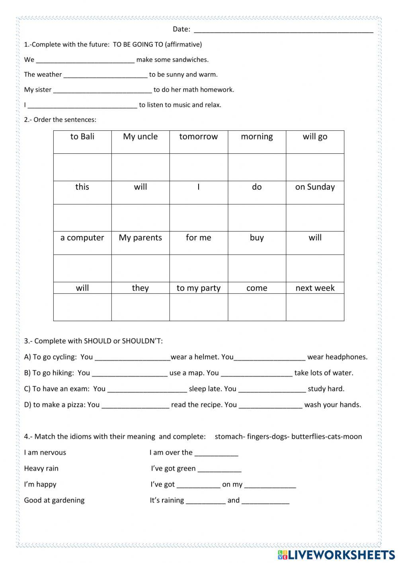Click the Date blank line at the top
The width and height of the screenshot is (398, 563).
point(283,30)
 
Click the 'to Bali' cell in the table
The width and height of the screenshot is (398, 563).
point(82,137)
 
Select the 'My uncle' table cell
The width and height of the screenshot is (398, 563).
point(140,137)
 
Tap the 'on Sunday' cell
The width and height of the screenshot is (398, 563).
point(315,187)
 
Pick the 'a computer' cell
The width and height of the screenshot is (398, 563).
point(82,238)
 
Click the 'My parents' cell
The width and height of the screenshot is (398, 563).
point(140,238)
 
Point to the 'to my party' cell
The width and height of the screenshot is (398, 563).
point(199,288)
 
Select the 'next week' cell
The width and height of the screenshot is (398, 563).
point(315,288)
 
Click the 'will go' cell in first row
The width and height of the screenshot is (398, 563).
point(315,137)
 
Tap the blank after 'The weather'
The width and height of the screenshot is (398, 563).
point(105,75)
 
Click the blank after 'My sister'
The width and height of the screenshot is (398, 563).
point(102,90)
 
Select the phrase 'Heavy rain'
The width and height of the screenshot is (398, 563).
point(41,469)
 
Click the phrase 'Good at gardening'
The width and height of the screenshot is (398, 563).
point(54,500)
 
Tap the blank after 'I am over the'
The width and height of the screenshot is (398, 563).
point(216,453)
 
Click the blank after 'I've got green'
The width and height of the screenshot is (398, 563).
point(219,469)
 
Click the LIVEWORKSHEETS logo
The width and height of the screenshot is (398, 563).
point(336,555)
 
